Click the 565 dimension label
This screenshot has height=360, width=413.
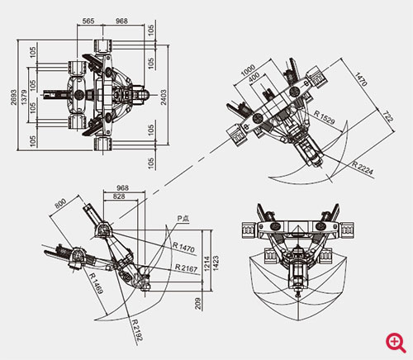point(88,21)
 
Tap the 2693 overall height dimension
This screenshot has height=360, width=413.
point(13,97)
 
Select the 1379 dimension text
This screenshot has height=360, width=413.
point(24,97)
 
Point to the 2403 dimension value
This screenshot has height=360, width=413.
point(164,97)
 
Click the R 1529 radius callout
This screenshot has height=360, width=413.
point(325,117)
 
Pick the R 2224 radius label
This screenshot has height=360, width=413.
point(363,168)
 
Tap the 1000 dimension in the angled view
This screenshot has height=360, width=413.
point(248,70)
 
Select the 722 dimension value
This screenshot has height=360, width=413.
point(387,116)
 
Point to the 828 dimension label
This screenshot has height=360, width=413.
point(119,197)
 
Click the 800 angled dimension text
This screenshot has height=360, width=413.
point(60,204)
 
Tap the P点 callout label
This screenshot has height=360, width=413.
point(183,219)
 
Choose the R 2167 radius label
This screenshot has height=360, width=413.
point(187,268)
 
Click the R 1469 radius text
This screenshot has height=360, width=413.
point(97,283)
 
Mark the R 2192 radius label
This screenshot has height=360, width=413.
point(137,330)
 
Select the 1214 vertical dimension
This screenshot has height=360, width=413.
point(207,263)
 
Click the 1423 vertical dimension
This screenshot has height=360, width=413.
point(216,263)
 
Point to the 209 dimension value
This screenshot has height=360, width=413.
point(198,304)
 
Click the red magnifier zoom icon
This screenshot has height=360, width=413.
point(396,343)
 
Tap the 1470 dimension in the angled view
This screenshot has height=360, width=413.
point(361,79)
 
